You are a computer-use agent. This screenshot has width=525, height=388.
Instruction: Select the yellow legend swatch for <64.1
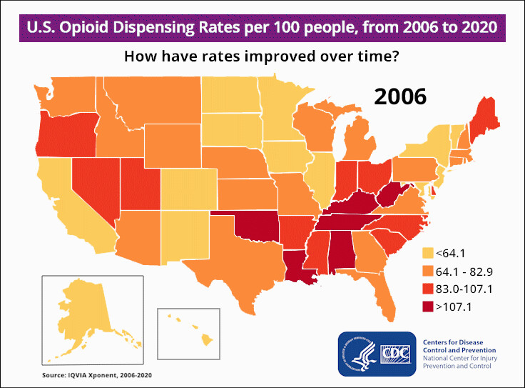pyautogui.click(x=429, y=253)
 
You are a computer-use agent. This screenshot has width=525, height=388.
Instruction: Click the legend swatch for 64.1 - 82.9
pyautogui.click(x=429, y=272)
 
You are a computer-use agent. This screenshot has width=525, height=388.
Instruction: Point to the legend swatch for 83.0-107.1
pyautogui.click(x=429, y=289)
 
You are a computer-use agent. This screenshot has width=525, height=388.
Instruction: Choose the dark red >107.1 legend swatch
pyautogui.click(x=429, y=307)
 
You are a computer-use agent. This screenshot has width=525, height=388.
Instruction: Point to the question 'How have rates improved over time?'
pyautogui.click(x=262, y=58)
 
